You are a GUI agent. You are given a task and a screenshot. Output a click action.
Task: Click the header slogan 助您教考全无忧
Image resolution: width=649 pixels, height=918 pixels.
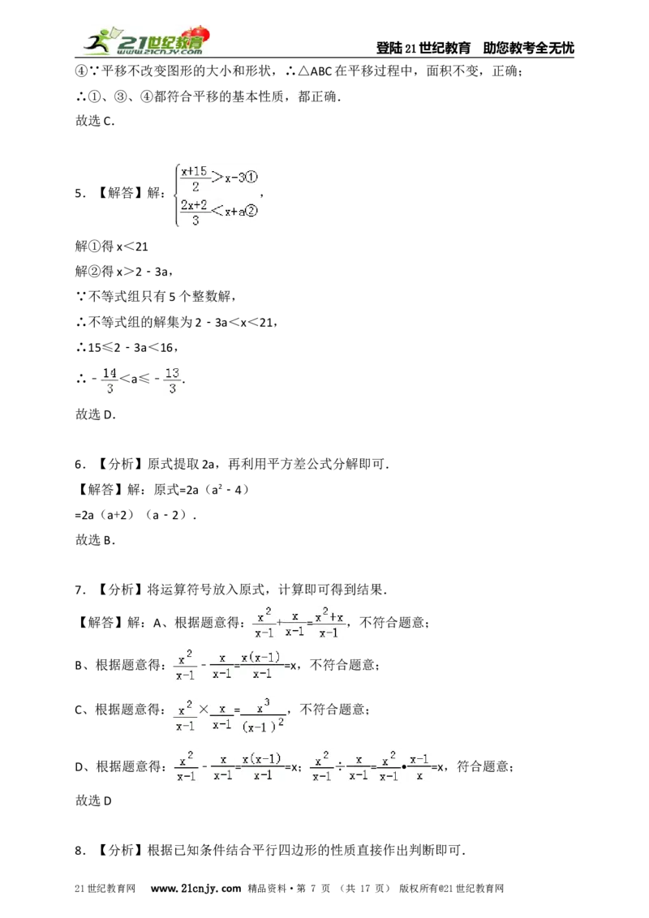pyautogui.click(x=528, y=48)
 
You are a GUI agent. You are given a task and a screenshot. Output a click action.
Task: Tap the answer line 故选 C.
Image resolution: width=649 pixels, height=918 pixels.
pyautogui.click(x=95, y=121)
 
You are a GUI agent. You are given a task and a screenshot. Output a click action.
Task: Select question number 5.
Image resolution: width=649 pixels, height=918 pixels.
pyautogui.click(x=80, y=193)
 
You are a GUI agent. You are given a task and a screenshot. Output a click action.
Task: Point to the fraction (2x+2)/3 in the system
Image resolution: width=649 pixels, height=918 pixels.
pyautogui.click(x=195, y=212)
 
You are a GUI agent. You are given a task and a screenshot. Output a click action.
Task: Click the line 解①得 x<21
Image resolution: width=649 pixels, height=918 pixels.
pyautogui.click(x=111, y=247)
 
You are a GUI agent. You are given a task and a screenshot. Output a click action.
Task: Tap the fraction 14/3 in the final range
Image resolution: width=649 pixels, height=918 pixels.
pyautogui.click(x=110, y=380)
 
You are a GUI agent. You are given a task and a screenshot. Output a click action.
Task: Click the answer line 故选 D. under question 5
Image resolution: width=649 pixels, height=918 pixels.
pyautogui.click(x=96, y=414)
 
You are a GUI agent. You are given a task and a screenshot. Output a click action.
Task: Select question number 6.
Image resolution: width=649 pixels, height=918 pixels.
pyautogui.click(x=80, y=465)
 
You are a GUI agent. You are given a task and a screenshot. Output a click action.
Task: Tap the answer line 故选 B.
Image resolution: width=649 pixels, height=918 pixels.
pyautogui.click(x=95, y=540)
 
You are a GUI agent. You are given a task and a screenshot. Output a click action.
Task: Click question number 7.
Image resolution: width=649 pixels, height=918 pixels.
pyautogui.click(x=80, y=590)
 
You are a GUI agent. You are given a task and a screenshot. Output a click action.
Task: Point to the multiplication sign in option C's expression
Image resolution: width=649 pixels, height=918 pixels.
pyautogui.click(x=204, y=710)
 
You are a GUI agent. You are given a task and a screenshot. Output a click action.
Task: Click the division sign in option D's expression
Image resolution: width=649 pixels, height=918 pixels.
pyautogui.click(x=340, y=766)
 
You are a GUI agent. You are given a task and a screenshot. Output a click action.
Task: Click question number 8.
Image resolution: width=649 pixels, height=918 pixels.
pyautogui.click(x=80, y=851)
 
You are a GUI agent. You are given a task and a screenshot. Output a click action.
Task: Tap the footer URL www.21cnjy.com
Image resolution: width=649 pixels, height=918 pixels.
pyautogui.click(x=196, y=888)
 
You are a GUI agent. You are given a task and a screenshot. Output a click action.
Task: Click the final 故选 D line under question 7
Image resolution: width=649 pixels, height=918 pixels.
pyautogui.click(x=93, y=800)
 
